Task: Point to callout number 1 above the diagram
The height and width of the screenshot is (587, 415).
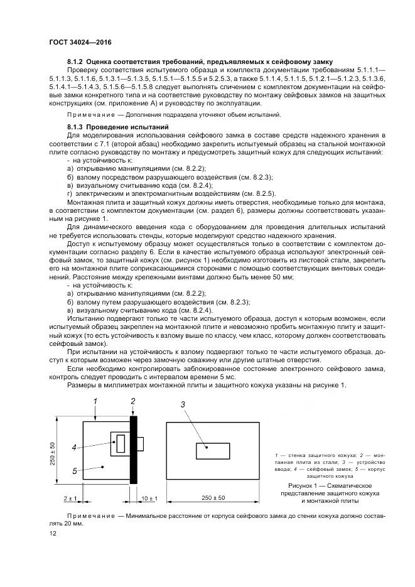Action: [95, 401]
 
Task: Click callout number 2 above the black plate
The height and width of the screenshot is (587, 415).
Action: [133, 401]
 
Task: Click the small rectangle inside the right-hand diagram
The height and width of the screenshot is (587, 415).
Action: [211, 451]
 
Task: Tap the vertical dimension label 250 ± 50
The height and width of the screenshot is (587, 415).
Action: [54, 452]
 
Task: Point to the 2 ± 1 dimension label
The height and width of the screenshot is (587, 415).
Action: [70, 498]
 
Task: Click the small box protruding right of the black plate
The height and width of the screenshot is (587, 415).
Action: [141, 444]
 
